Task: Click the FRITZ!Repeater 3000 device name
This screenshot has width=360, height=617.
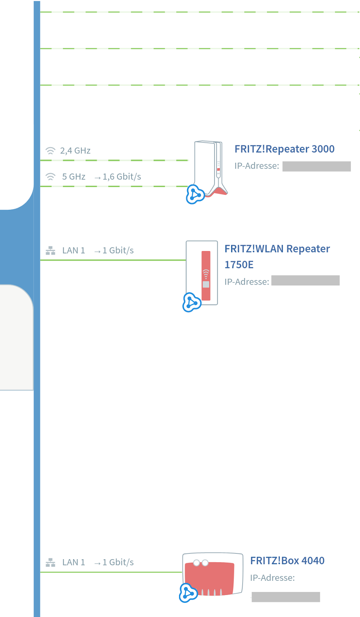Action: (x=284, y=149)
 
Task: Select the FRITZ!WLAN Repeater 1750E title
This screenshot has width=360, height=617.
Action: (x=277, y=256)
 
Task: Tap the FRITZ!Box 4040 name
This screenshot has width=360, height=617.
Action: (x=287, y=561)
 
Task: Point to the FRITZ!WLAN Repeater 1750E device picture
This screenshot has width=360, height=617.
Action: (x=202, y=273)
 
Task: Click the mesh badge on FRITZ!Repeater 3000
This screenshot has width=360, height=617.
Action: (x=195, y=194)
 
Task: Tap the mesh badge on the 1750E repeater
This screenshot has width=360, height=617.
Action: (x=192, y=303)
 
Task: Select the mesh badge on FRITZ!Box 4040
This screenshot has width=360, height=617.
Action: (x=188, y=593)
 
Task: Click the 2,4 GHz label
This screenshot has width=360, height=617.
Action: (x=75, y=151)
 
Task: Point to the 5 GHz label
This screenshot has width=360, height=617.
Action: (x=74, y=177)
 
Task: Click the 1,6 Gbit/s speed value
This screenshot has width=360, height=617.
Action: (x=122, y=177)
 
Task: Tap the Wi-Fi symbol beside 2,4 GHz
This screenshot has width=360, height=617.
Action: (x=51, y=151)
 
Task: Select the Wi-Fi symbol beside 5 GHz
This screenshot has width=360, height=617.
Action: (x=51, y=177)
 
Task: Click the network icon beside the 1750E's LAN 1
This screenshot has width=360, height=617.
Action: (x=51, y=251)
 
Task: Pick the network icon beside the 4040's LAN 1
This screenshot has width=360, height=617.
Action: (x=51, y=563)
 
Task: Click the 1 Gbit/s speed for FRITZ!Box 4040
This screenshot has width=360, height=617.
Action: (x=118, y=563)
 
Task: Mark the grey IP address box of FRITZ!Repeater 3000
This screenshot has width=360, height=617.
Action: (x=316, y=166)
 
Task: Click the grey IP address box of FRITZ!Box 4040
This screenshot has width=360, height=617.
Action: (x=286, y=597)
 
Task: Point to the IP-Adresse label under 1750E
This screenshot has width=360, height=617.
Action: (x=247, y=282)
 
